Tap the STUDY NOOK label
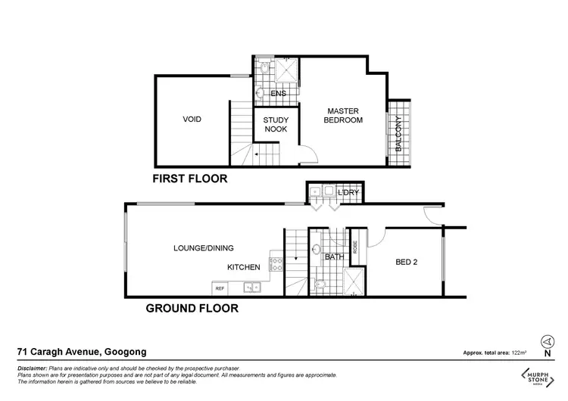click(276, 125)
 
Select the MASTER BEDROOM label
click(343, 115)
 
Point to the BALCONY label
click(398, 135)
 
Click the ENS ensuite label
click(279, 94)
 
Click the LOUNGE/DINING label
click(203, 247)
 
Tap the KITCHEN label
click(244, 267)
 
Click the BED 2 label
click(407, 263)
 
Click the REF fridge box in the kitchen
click(220, 288)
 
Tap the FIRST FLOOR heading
click(190, 179)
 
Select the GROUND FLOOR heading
click(192, 308)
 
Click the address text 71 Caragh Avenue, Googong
click(82, 352)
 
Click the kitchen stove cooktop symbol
click(277, 265)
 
